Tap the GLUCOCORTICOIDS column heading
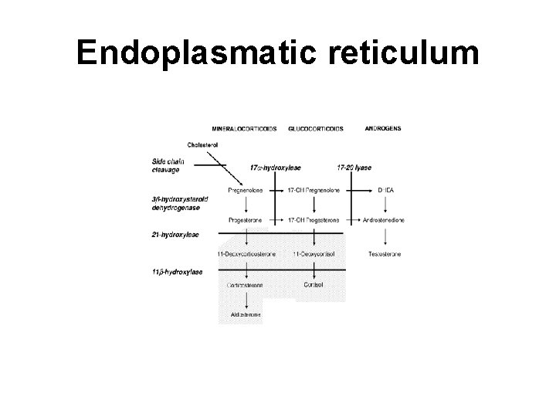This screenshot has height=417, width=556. (x=316, y=127)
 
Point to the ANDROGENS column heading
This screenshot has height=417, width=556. (x=383, y=127)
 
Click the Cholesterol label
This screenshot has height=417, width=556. (x=203, y=144)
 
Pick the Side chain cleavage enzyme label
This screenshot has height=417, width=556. (x=168, y=165)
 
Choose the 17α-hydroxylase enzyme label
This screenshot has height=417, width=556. (x=276, y=167)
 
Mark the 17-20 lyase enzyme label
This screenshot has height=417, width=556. (x=355, y=167)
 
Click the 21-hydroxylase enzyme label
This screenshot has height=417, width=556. (x=176, y=232)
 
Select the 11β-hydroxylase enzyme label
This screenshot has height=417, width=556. (x=178, y=272)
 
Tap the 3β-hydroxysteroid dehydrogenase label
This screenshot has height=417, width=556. (x=180, y=204)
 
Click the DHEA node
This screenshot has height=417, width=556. (x=383, y=188)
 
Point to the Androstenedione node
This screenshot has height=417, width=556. (x=383, y=220)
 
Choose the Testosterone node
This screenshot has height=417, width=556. (x=384, y=253)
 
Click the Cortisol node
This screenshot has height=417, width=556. (x=314, y=284)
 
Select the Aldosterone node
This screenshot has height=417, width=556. (x=246, y=315)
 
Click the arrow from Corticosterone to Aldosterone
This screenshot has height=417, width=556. (x=246, y=300)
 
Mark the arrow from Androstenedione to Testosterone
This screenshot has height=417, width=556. (x=384, y=236)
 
